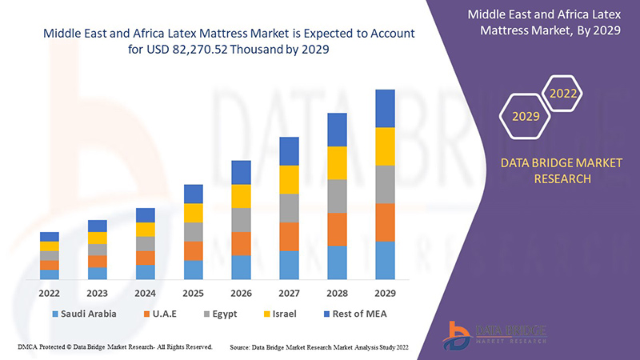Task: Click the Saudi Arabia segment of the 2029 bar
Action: coord(385,260)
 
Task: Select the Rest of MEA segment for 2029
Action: coord(385,108)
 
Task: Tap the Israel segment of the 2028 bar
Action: coord(337,162)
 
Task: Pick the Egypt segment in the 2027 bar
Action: coord(289,208)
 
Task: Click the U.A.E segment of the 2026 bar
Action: coord(241,243)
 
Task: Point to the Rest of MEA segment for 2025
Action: coord(193,194)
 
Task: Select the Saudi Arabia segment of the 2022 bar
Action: coord(50,274)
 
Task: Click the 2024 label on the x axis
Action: coord(145,293)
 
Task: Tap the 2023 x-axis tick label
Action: coord(98,293)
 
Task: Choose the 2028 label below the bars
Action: coord(337,293)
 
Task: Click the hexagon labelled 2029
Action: coord(526,117)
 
